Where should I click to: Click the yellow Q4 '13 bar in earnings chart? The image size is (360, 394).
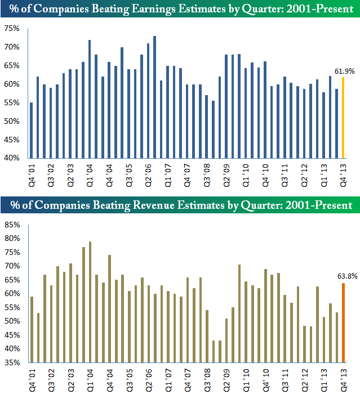pos(343,118)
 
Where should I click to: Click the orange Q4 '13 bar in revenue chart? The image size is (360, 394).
pos(343,323)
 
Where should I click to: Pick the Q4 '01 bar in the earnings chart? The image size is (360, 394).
pos(31,130)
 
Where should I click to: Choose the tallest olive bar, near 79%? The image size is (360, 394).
pos(90,302)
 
